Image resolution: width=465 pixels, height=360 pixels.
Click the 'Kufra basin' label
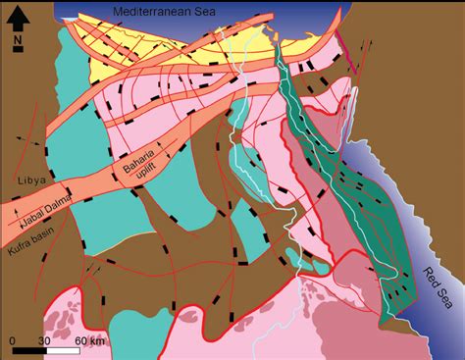coord(31,228)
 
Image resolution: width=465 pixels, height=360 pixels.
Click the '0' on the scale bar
coord(13,340)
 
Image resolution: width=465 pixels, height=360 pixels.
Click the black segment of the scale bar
coord(27,351)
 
